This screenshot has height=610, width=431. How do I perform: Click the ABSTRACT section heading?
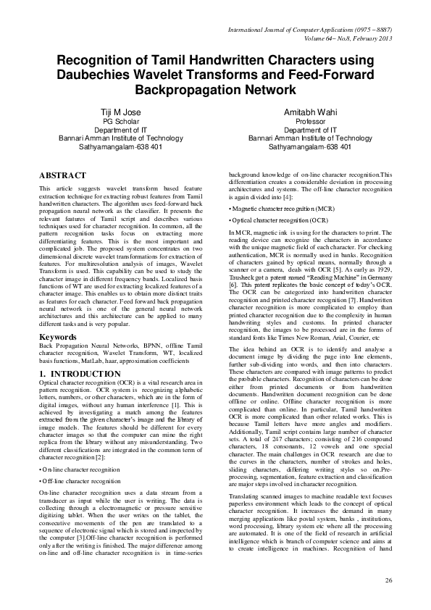click(62, 175)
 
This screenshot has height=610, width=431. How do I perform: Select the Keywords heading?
click(59, 338)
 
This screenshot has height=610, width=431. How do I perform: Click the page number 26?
click(388, 580)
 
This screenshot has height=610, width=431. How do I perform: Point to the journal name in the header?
click(310, 30)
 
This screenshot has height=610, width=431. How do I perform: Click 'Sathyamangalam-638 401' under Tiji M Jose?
click(121, 146)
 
